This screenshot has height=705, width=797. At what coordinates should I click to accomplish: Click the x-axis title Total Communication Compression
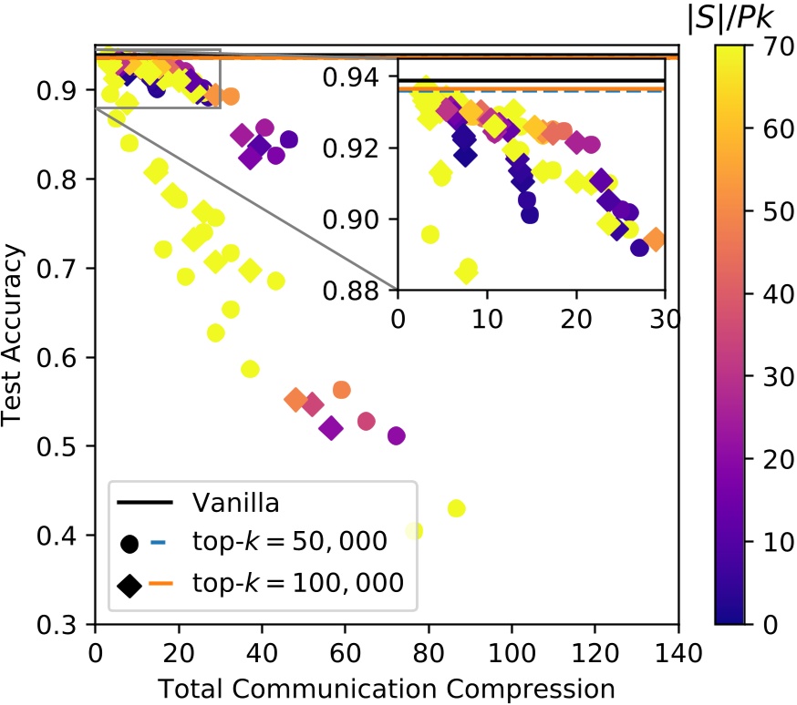(x=387, y=684)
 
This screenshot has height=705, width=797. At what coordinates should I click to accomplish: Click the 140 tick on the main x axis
(x=678, y=653)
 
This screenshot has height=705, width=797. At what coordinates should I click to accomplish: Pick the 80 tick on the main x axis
(x=429, y=653)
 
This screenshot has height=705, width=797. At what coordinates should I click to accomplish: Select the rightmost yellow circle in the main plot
(x=457, y=508)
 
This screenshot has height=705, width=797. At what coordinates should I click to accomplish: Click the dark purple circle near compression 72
(x=397, y=435)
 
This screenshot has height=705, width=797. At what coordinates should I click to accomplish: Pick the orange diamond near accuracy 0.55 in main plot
(x=295, y=399)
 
